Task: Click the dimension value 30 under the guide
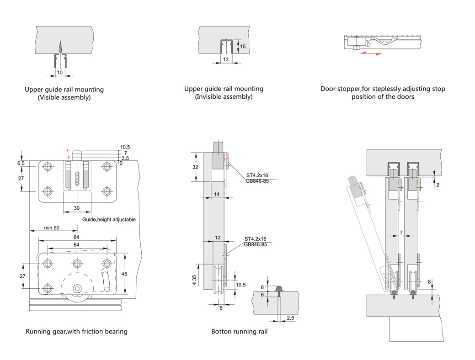pos(77,208)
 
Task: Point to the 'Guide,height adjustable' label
pos(109,220)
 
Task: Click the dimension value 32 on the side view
pos(195,167)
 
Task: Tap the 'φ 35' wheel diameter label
pos(194,280)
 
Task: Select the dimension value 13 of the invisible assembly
pos(225,60)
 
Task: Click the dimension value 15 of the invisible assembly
pos(243,47)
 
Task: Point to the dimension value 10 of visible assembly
pos(59,72)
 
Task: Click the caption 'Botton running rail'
pos(239,331)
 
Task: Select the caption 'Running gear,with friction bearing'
pos(76,331)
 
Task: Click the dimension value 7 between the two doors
pos(401,233)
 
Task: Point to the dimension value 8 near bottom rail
pos(429,282)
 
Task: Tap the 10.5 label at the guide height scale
pos(125,147)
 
